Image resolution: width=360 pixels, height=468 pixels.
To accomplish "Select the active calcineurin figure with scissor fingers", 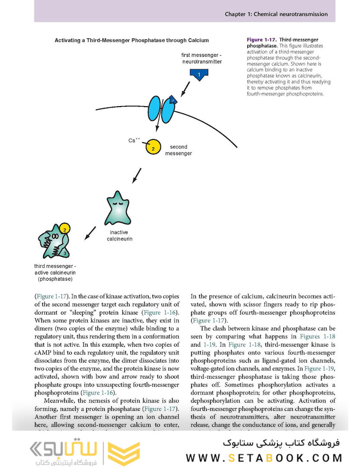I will tap(53, 242).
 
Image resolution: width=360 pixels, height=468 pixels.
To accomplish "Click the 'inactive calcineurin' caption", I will tap(119, 236).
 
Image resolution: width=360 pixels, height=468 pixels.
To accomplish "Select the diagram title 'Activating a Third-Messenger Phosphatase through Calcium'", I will tap(131, 40).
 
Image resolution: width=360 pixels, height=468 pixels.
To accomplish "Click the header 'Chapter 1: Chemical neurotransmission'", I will tap(276, 14).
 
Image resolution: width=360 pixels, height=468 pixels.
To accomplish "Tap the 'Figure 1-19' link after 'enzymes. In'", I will tap(319, 368).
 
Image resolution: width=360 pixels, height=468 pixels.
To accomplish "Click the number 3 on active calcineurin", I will tap(65, 253).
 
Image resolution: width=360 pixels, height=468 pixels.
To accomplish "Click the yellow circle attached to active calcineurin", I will tap(64, 228).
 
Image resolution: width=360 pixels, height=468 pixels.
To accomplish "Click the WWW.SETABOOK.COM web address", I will tap(264, 458).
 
